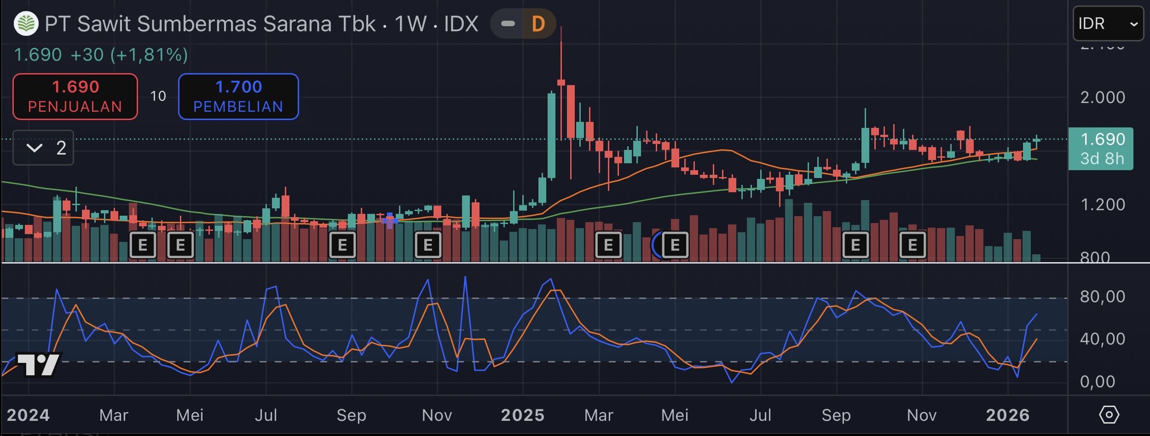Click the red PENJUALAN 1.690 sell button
tap(75, 97)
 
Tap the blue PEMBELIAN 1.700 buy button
tap(238, 97)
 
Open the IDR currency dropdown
tap(1107, 24)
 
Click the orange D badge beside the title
tap(538, 24)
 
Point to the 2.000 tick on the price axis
tap(1102, 98)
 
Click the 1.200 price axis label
tap(1102, 205)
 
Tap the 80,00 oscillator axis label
tap(1102, 297)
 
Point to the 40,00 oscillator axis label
tap(1102, 339)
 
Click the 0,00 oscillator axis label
tap(1097, 382)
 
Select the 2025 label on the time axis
tap(522, 415)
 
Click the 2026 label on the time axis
tap(1007, 415)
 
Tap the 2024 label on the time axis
tap(28, 415)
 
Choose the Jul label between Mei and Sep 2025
tap(760, 415)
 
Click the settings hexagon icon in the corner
tap(1109, 415)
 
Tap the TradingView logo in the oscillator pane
tap(39, 365)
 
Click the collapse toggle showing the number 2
tap(43, 148)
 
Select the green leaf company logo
tap(26, 24)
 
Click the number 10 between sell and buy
tap(158, 96)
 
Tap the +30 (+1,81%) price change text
tap(129, 55)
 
